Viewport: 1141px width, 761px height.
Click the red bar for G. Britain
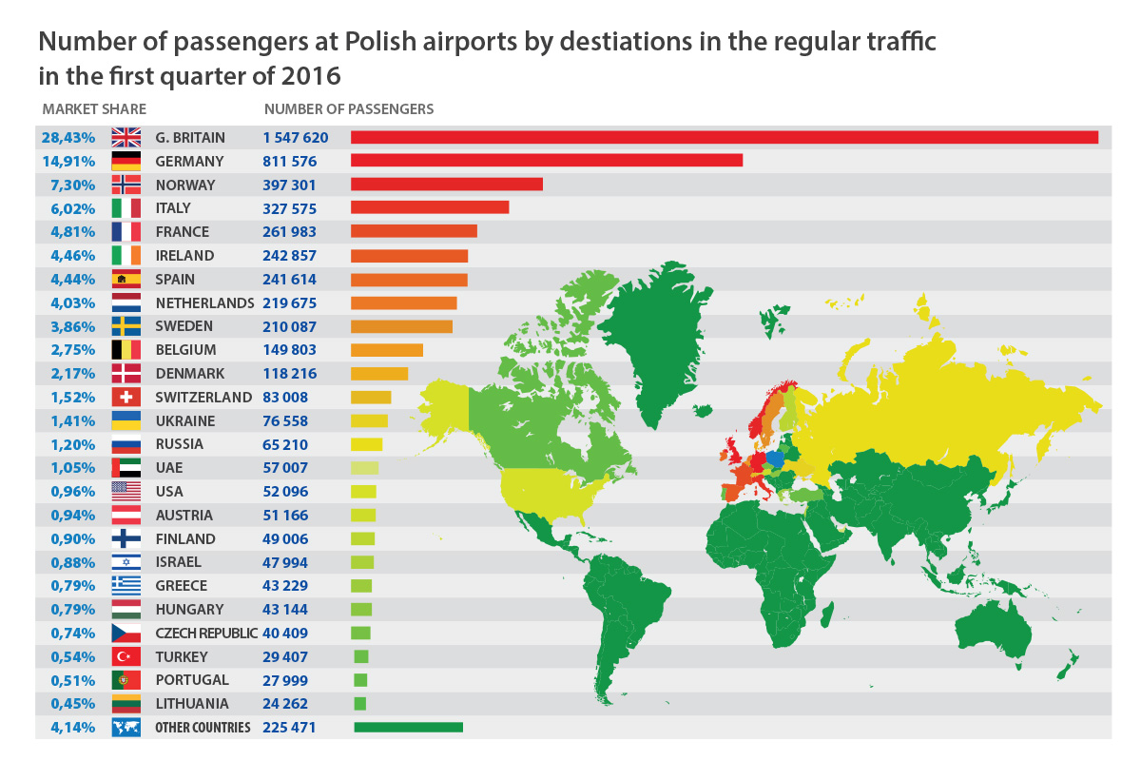point(724,138)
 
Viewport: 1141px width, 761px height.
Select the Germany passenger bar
point(546,161)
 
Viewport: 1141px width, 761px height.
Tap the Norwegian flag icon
point(126,185)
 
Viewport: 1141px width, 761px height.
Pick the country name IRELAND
point(184,256)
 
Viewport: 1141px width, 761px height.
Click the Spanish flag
point(126,280)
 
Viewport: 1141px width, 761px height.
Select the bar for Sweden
point(401,326)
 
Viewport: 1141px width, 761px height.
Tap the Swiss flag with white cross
point(126,398)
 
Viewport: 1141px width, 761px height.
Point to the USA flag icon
point(126,492)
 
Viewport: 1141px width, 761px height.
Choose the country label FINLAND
point(184,539)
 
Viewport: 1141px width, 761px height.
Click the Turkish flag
point(126,657)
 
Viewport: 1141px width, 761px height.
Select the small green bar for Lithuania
point(359,704)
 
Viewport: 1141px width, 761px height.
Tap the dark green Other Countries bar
point(408,728)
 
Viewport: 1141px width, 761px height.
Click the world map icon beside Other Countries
point(126,728)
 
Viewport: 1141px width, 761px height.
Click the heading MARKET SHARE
point(93,109)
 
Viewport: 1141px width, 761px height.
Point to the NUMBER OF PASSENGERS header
point(349,109)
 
